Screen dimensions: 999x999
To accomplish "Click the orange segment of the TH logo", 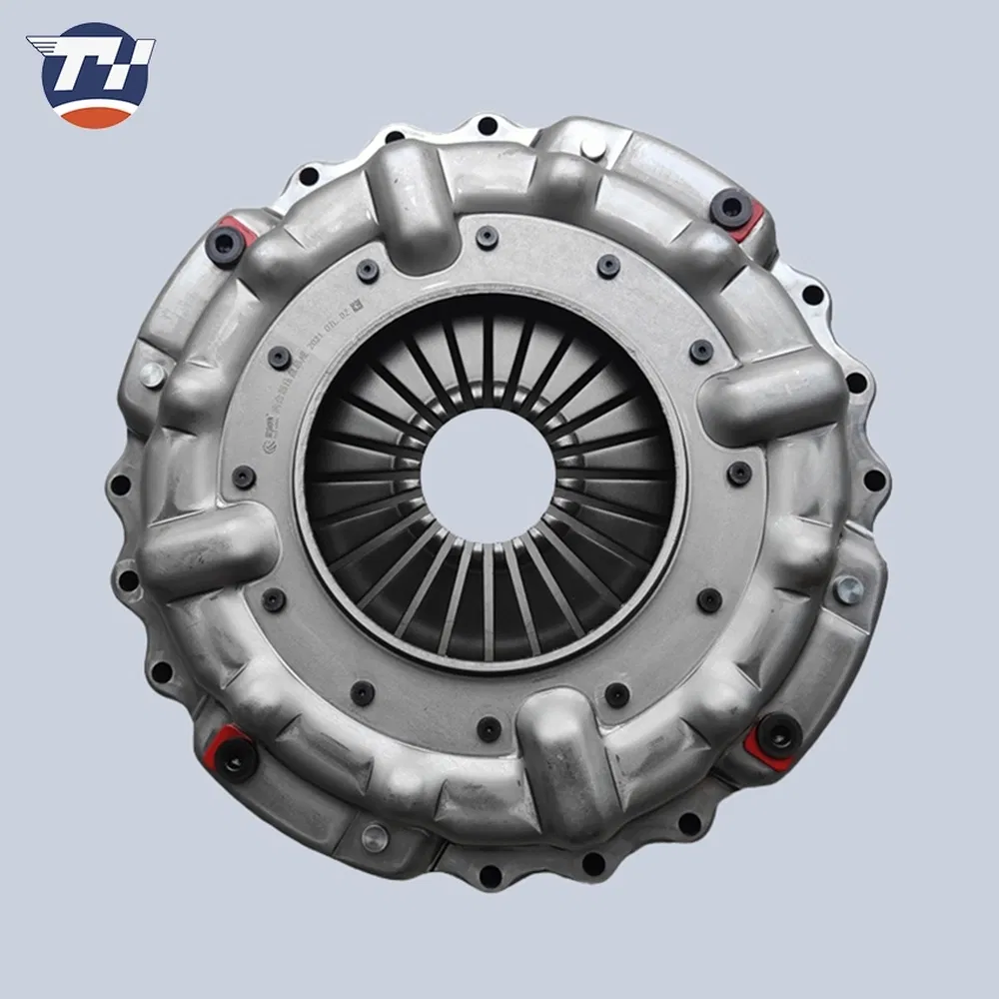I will pos(96,117).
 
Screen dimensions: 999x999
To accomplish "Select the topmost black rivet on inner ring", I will pos(488,237).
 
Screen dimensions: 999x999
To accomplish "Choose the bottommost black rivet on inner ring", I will pos(489,729).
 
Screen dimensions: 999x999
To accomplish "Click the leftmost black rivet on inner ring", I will pos(244,478).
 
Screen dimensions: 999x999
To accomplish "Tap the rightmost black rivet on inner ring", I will pos(739,474).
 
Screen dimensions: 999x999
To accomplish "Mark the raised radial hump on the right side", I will pos(769,396).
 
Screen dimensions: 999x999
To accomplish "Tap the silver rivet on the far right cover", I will pos(847,589).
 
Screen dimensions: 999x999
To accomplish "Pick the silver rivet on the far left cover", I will pos(153,375).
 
